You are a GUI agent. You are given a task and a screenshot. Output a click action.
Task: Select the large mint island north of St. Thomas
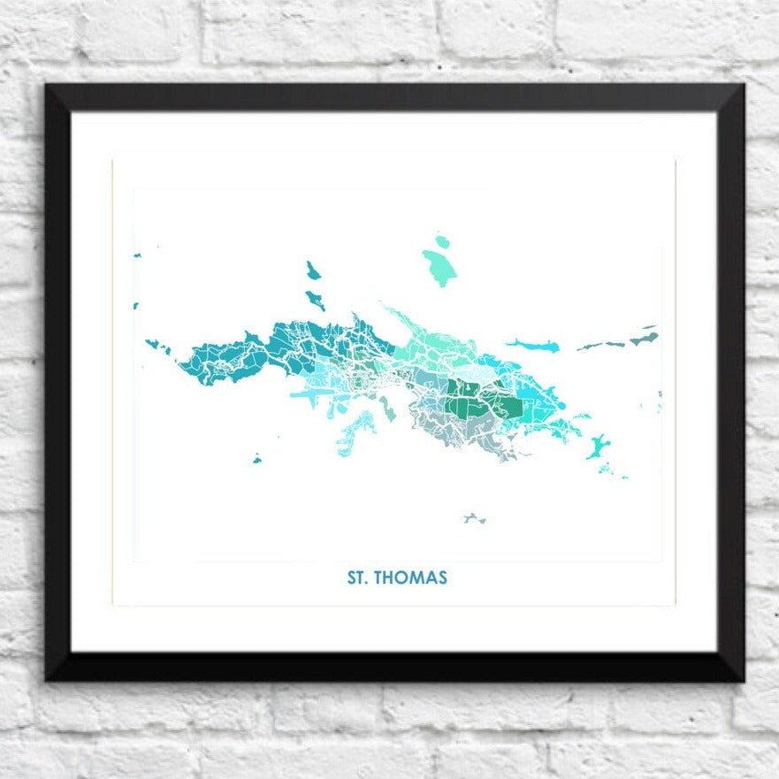coord(439,267)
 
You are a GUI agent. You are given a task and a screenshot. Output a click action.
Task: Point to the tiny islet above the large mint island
coord(442,241)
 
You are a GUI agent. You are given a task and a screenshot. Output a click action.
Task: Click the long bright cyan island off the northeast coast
coord(532,345)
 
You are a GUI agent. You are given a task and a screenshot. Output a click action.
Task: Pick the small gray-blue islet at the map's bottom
coord(474,518)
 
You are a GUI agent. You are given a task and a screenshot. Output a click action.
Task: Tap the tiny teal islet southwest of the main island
coord(256,459)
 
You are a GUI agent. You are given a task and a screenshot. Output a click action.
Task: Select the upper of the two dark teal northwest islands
coord(312,270)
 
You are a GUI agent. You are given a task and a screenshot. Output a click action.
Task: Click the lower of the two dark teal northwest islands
coord(315,300)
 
